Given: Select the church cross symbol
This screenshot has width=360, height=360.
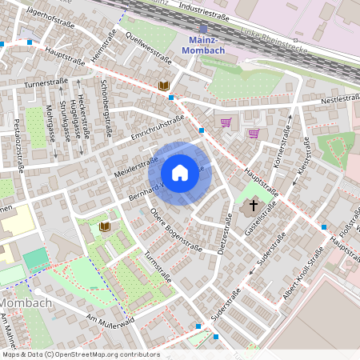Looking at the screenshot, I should [254, 206].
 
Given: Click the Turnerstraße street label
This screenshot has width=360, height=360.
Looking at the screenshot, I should [46, 82].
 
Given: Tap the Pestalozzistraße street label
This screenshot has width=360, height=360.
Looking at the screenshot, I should [18, 145].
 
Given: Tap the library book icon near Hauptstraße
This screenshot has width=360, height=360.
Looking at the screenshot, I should [164, 85].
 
